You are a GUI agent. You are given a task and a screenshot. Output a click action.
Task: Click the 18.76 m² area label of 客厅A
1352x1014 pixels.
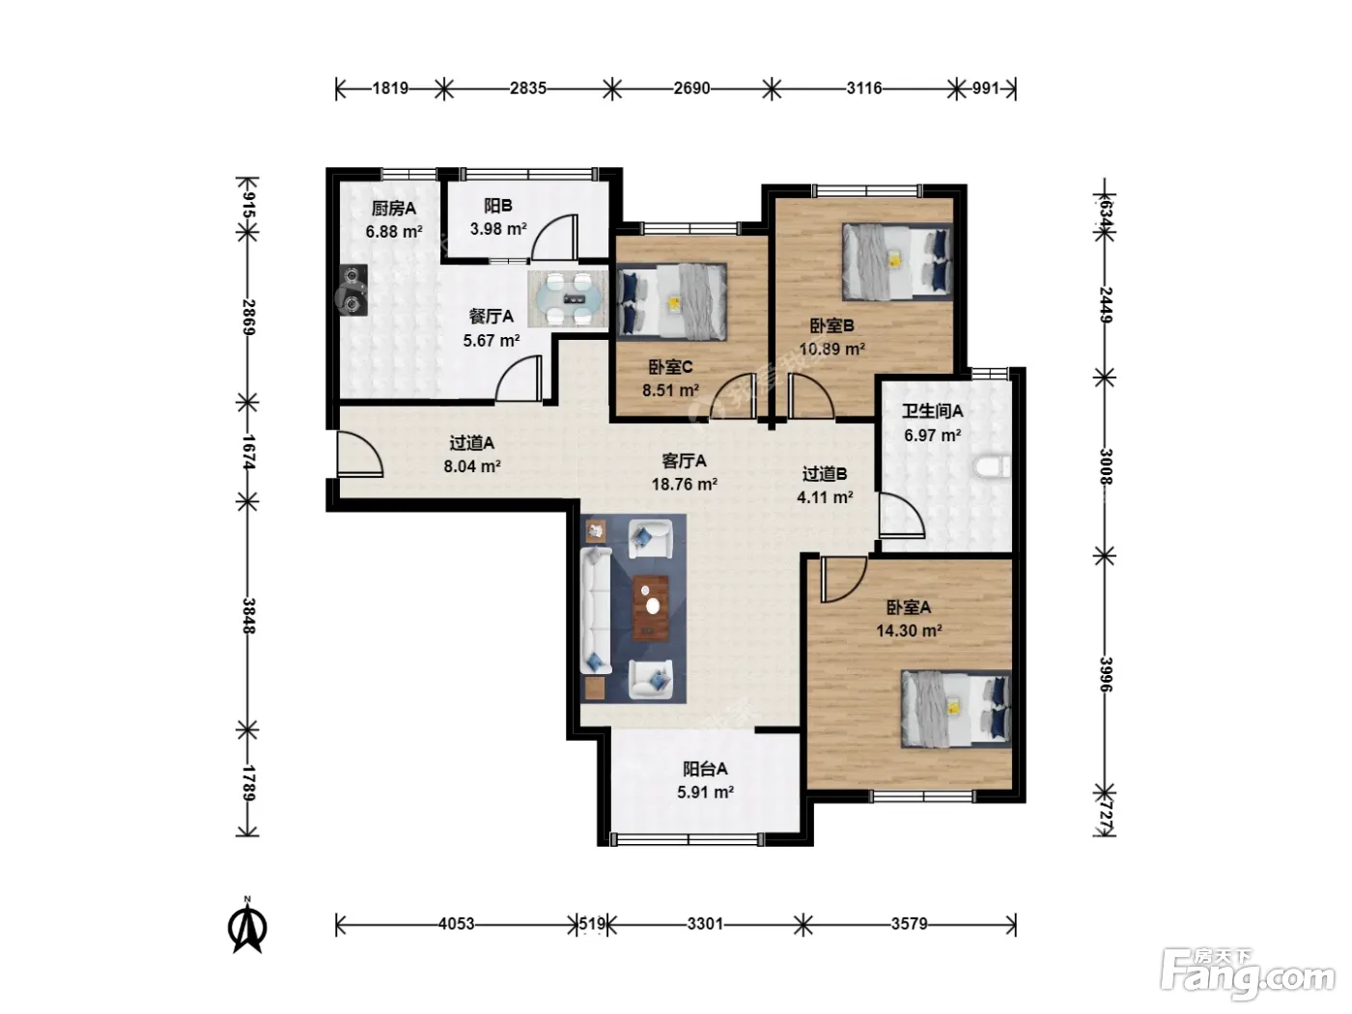(685, 484)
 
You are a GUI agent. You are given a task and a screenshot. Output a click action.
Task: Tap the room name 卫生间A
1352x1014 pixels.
(933, 410)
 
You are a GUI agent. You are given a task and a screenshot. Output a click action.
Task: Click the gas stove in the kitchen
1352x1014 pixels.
(352, 290)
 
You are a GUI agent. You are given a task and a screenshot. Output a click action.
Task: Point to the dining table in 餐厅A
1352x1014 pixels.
(568, 299)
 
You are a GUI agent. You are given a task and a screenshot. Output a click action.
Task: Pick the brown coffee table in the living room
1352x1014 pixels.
(651, 607)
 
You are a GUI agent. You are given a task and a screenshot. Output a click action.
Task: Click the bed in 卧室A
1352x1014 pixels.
(956, 709)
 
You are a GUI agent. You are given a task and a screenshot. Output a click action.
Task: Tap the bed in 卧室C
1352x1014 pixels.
(672, 301)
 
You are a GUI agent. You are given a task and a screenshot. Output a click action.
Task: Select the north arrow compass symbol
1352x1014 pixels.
(247, 925)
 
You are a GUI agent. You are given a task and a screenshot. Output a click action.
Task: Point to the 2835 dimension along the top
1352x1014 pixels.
(528, 89)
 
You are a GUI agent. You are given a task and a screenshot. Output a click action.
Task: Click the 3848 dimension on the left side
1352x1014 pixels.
(248, 616)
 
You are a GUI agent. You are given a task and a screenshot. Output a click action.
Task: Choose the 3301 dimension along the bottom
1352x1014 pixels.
(705, 924)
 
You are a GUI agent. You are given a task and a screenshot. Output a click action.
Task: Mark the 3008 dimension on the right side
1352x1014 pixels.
(1106, 466)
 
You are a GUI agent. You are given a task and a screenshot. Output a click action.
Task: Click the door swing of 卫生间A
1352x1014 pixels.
(902, 516)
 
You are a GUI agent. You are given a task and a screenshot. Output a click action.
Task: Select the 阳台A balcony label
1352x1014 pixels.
(705, 769)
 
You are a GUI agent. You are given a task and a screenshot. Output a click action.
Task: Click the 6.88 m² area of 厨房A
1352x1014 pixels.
(394, 232)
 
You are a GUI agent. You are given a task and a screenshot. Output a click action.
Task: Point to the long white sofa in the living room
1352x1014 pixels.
(596, 611)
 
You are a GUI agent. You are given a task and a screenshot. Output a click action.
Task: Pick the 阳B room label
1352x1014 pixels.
(497, 206)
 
